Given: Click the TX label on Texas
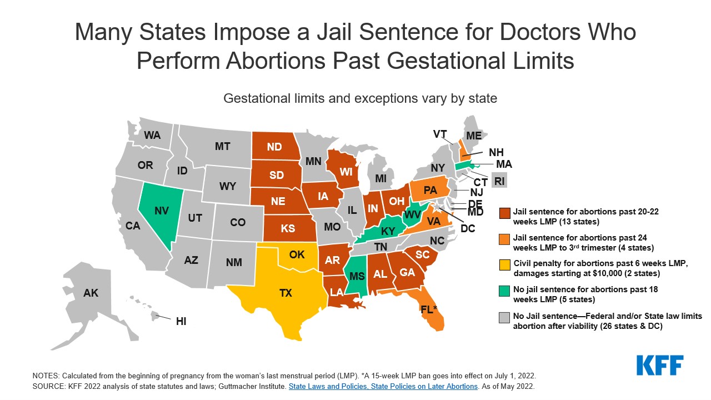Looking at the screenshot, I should coord(286,293).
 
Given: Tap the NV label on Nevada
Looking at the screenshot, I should coord(162,211).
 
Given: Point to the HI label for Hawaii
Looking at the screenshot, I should coord(181,321).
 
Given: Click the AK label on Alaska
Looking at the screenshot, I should coord(91,293).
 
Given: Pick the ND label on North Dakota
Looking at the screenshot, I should coord(274,148).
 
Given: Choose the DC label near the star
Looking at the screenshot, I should coord(468,228).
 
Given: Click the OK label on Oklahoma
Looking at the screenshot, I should coord(297,254).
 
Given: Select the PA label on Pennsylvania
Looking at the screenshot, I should coord(430,190).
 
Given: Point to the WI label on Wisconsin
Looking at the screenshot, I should coord(346,172).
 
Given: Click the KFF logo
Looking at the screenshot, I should coord(660,366).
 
